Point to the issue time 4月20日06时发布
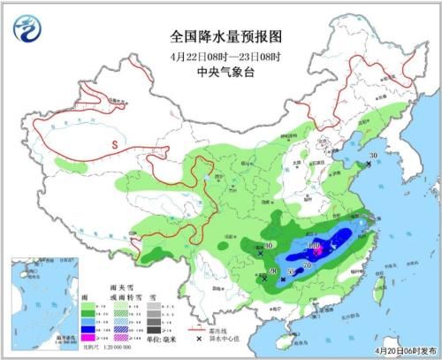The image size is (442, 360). coord(399,350)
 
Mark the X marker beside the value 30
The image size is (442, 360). coord(368,165)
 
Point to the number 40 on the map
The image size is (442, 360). coord(269,245)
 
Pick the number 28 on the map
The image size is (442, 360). coord(274,271)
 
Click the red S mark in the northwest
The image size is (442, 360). coord(114,143)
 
